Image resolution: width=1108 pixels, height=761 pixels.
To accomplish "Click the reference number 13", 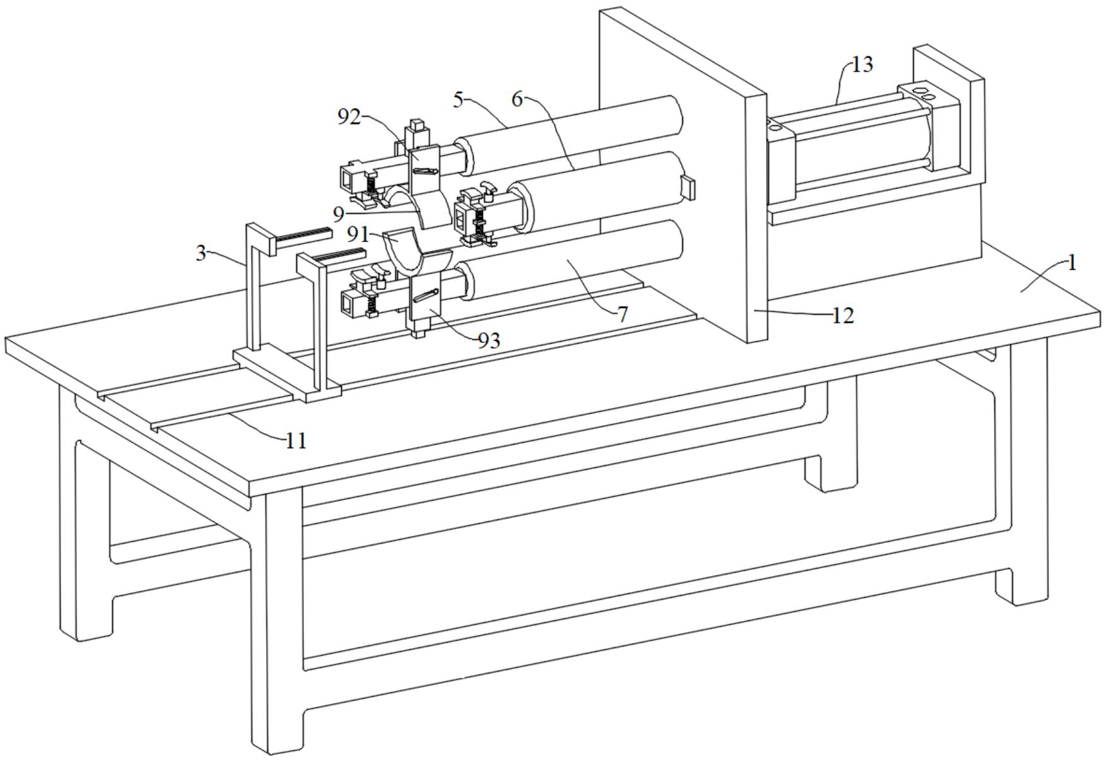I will [x=863, y=65].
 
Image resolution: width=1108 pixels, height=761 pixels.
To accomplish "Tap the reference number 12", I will [x=843, y=315].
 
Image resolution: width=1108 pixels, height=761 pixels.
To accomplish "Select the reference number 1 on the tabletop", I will [x=1071, y=263].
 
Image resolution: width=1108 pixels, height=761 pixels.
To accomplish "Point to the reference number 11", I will [x=296, y=441].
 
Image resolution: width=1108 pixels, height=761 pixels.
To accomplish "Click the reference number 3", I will [x=201, y=253].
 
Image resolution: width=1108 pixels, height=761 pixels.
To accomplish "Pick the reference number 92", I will [x=349, y=117].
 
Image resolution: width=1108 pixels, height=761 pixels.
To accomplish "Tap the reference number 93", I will [x=489, y=340].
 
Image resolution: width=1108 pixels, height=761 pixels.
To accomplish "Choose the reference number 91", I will [x=358, y=235].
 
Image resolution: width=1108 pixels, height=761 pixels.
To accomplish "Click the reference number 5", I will [x=458, y=100].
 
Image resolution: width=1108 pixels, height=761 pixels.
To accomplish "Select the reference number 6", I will [x=517, y=100].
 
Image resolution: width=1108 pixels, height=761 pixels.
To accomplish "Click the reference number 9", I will [x=339, y=214].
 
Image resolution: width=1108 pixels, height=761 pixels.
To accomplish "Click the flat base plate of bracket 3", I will [x=287, y=372].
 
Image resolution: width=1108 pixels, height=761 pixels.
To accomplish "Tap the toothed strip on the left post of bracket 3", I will [x=303, y=236].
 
